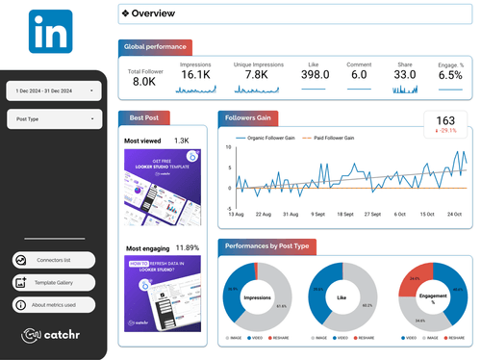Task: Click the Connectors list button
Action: pyautogui.click(x=54, y=260)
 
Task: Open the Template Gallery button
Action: pyautogui.click(x=54, y=282)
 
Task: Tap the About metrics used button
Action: pyautogui.click(x=54, y=304)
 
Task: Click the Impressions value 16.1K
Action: pyautogui.click(x=195, y=74)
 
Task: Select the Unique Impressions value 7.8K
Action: pyautogui.click(x=256, y=74)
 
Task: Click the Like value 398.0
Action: pyautogui.click(x=315, y=74)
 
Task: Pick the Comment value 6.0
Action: pyautogui.click(x=359, y=74)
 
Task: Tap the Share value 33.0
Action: pyautogui.click(x=405, y=74)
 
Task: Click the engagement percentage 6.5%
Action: pyautogui.click(x=450, y=74)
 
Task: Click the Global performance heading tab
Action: pyautogui.click(x=156, y=46)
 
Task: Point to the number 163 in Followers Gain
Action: pyautogui.click(x=445, y=121)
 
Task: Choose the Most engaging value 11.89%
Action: pyautogui.click(x=187, y=247)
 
